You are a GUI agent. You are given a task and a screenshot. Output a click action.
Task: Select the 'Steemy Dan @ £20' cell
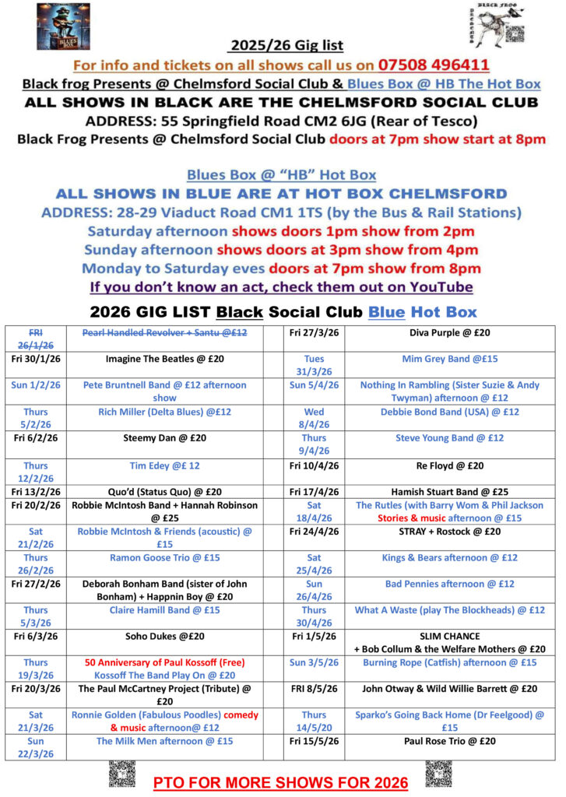tap(172, 438)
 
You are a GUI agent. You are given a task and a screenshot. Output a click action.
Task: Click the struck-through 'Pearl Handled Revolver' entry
tap(172, 332)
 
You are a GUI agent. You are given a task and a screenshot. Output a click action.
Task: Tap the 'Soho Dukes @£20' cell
tap(172, 637)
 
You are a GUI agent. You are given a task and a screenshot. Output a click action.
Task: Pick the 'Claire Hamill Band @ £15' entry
tap(172, 610)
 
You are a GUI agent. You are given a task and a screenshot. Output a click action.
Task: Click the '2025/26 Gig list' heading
tap(286, 45)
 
